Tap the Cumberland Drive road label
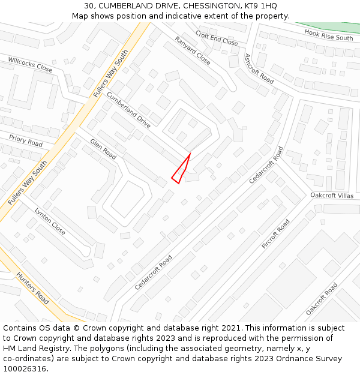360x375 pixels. point(128,110)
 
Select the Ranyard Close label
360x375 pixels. point(193,51)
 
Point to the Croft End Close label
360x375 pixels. point(217,38)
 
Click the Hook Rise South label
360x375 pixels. point(328,35)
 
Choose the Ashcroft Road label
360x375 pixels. point(259,68)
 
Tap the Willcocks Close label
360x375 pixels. point(30,65)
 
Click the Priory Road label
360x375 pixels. point(26,141)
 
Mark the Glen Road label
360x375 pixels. point(103,149)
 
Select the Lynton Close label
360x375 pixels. point(50,221)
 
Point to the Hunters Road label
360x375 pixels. point(32,288)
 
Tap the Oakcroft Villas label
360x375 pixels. point(332,196)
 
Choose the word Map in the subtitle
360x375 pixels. point(80,16)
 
